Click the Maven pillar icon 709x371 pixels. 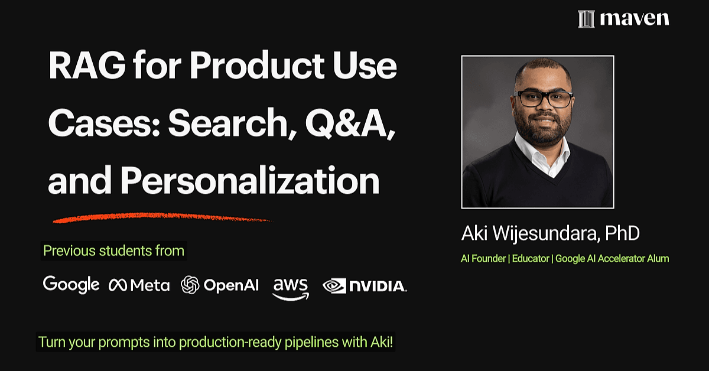[x=586, y=19]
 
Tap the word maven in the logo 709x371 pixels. [x=635, y=19]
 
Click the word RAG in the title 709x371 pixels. [x=87, y=65]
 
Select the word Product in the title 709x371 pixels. [x=258, y=65]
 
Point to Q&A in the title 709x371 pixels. [x=350, y=123]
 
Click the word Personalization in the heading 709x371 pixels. [x=250, y=180]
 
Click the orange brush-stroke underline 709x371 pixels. [x=162, y=217]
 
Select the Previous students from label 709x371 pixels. [x=113, y=250]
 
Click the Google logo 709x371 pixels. [x=71, y=285]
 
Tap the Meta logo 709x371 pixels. [x=139, y=285]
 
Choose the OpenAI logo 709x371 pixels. [x=220, y=285]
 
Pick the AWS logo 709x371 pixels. [x=291, y=289]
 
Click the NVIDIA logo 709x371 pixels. [x=365, y=286]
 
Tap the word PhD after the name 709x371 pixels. [x=622, y=233]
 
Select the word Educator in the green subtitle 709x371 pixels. [x=531, y=259]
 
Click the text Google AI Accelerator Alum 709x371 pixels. [x=612, y=259]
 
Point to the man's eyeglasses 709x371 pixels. [x=544, y=98]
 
